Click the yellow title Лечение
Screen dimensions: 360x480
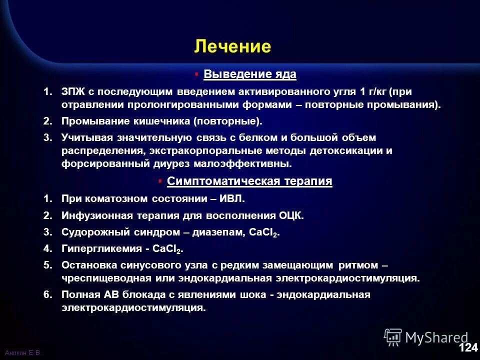click(232, 46)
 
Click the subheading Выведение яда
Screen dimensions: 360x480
click(250, 74)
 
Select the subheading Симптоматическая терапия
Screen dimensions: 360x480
click(249, 181)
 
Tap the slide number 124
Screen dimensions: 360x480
click(468, 347)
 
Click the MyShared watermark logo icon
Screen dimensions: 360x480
click(393, 337)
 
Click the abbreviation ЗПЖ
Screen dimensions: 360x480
click(73, 92)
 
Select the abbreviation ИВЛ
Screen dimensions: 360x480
click(232, 198)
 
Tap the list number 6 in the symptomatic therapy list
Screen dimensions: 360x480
click(47, 294)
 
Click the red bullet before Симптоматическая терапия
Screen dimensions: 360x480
click(159, 181)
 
